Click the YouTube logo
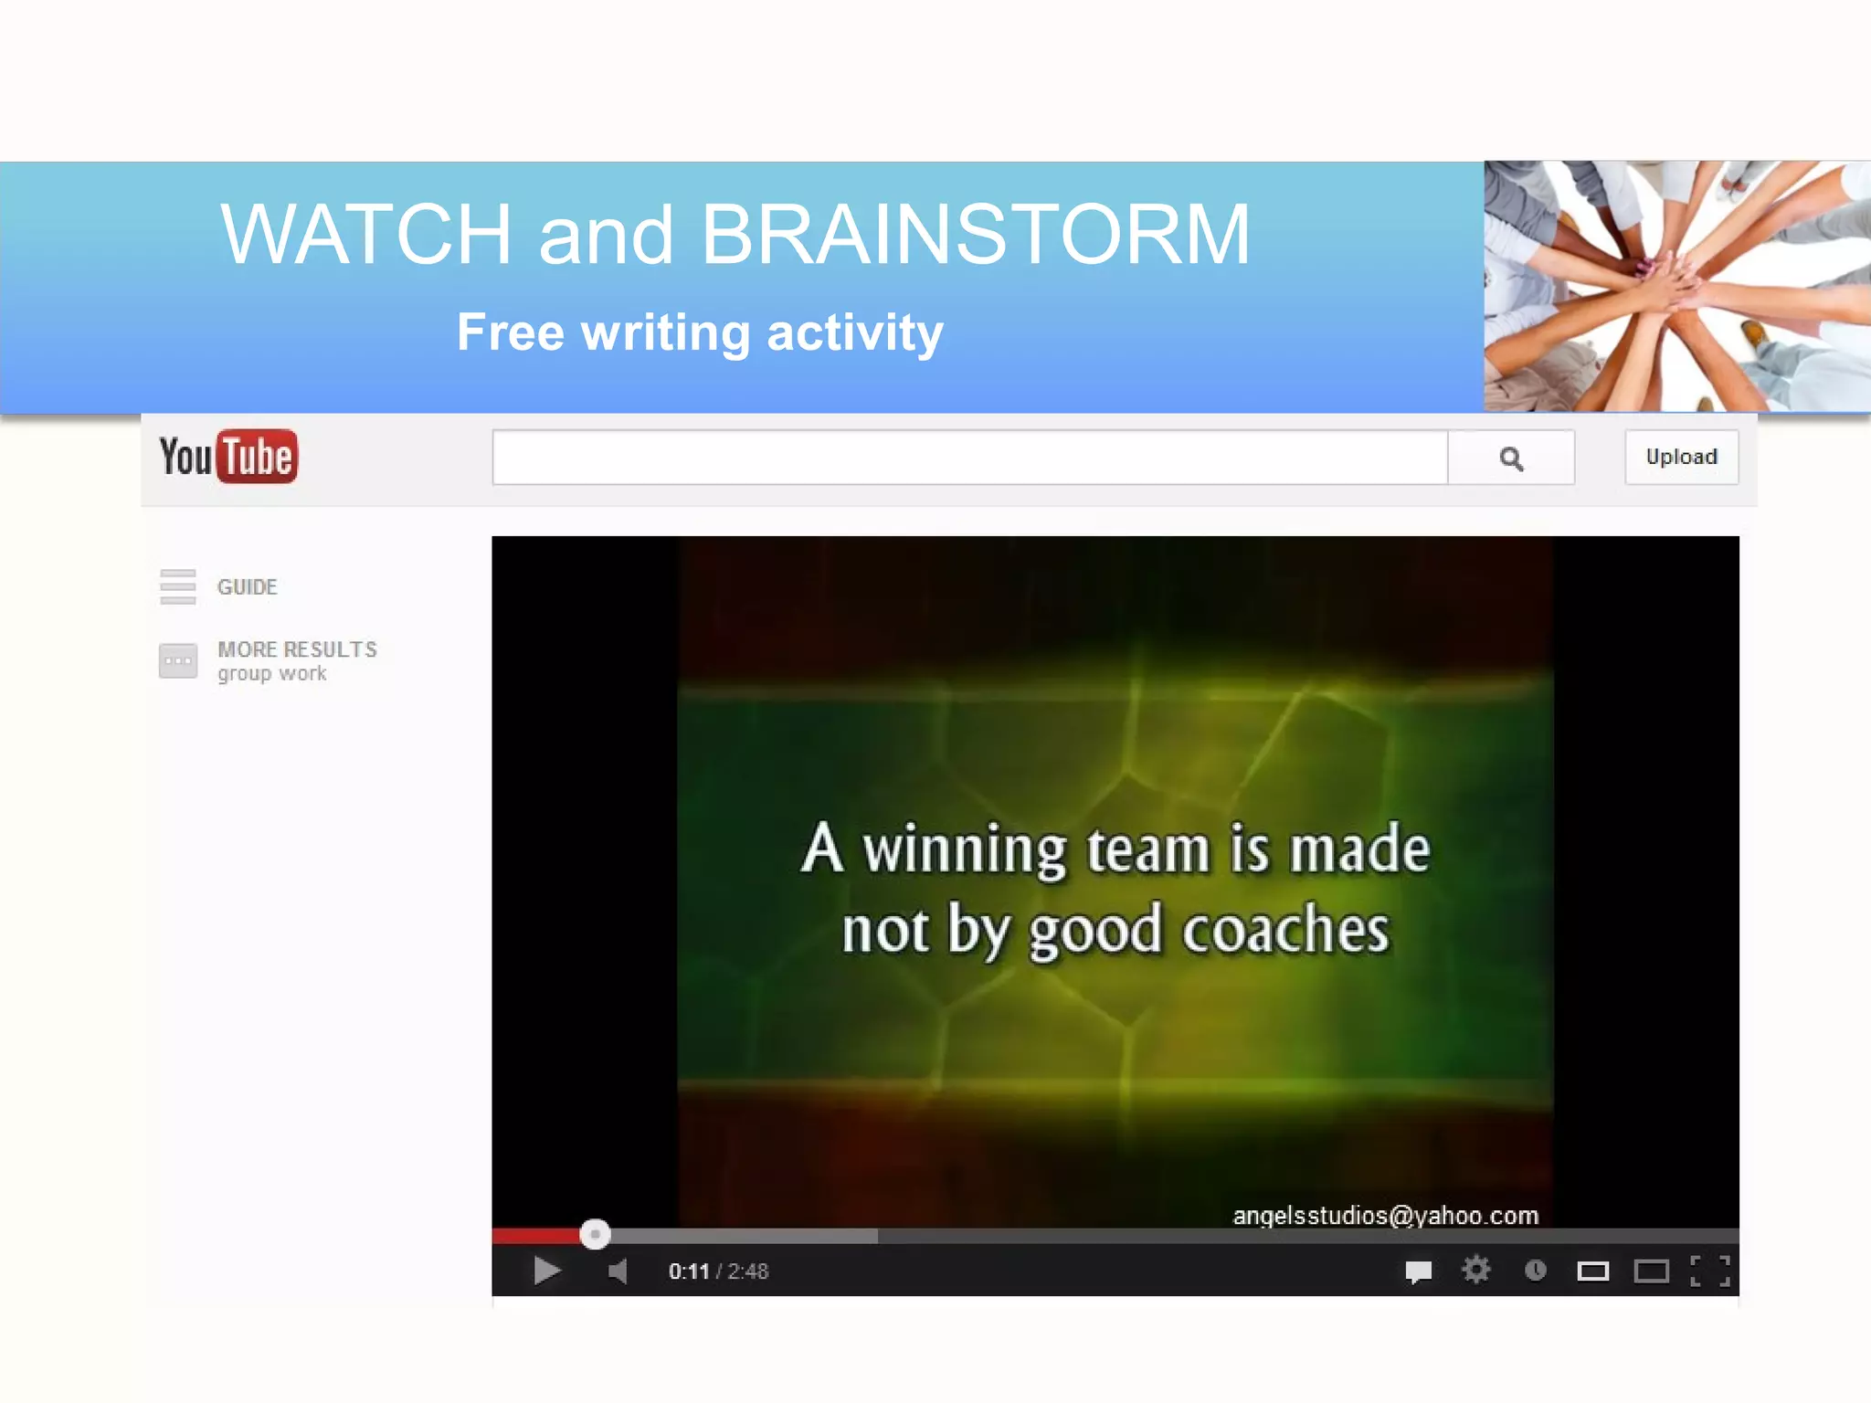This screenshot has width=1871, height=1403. [228, 456]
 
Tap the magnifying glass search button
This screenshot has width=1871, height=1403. [1511, 458]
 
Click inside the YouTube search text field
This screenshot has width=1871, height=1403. [969, 458]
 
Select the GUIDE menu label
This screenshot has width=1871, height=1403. [247, 586]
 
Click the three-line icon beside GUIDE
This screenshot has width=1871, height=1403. [177, 586]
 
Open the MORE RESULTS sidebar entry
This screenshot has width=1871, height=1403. [296, 659]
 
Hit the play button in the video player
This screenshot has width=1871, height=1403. [546, 1271]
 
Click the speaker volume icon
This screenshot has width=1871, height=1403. [618, 1271]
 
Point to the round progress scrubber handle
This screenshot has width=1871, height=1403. [595, 1234]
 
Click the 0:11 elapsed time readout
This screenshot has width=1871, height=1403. [689, 1271]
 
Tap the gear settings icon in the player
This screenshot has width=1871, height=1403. [1475, 1270]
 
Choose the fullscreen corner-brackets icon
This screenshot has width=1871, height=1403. [1710, 1271]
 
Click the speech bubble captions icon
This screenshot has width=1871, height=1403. [1418, 1271]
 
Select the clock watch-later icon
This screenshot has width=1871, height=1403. [1536, 1270]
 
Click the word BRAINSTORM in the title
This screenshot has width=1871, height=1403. [975, 235]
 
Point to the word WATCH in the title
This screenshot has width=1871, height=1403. [365, 235]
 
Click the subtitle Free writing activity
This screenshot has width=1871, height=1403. [700, 332]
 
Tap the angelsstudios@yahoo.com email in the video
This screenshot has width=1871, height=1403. [1385, 1215]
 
